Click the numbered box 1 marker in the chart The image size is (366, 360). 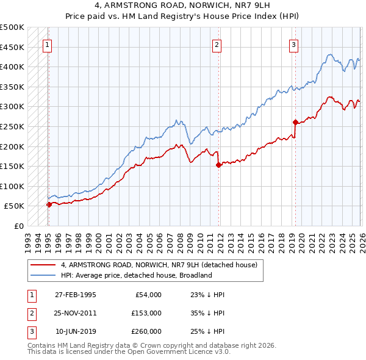coord(47,44)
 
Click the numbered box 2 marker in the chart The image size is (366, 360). coord(217,44)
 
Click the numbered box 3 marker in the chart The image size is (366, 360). coord(293,44)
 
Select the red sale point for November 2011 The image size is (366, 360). coord(218,165)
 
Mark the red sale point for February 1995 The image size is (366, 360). coord(49,204)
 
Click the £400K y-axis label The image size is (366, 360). coord(12,67)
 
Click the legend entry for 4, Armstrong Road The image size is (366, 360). coord(159,265)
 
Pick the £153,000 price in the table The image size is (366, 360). coord(146,313)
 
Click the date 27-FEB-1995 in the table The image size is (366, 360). coord(75,295)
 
